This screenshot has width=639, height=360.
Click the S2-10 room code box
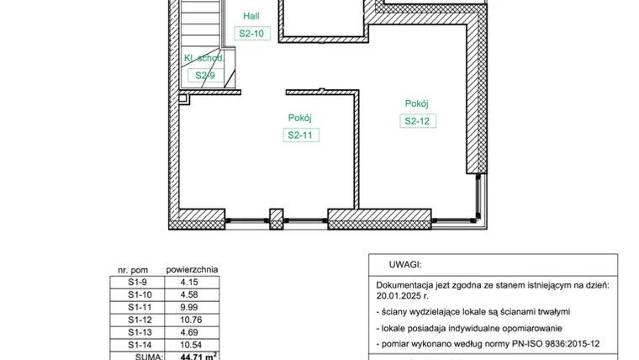(252, 34)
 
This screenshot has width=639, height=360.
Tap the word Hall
(251, 16)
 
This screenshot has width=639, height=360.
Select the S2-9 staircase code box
(206, 76)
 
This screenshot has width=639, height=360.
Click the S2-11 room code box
(301, 135)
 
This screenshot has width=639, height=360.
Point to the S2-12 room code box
(418, 120)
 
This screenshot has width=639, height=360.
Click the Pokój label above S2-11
(300, 118)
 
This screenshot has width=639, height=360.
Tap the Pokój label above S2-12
(416, 103)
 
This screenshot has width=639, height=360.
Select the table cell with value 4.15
(192, 282)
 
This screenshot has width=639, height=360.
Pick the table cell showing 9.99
(192, 307)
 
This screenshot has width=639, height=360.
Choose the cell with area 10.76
(192, 320)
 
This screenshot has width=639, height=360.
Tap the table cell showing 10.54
(192, 345)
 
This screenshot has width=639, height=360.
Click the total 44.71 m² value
(198, 357)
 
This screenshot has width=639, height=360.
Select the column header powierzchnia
(192, 269)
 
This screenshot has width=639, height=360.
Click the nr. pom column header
(133, 270)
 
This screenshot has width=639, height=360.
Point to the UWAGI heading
(405, 265)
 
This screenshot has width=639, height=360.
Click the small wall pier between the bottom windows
(277, 219)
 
